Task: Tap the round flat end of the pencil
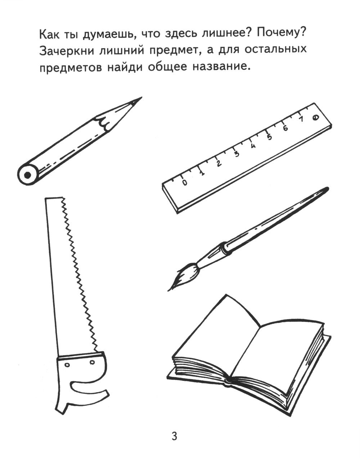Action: tap(27, 175)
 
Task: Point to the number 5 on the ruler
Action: tap(269, 137)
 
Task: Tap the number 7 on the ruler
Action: tap(301, 119)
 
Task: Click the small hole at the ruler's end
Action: tap(315, 117)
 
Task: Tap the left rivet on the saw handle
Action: tap(67, 365)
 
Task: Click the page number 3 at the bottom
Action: tap(174, 437)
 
